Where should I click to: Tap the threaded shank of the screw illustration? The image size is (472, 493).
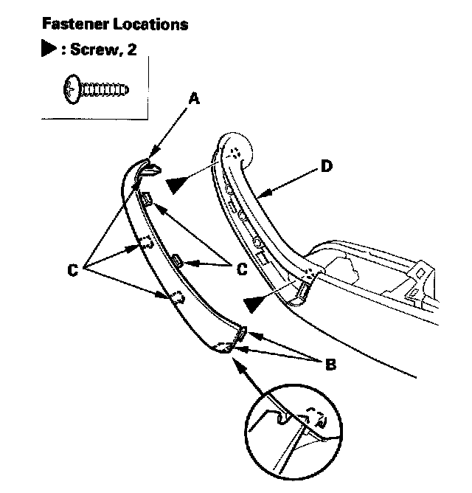pyautogui.click(x=105, y=90)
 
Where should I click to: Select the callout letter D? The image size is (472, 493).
pyautogui.click(x=327, y=166)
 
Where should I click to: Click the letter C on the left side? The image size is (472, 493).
pyautogui.click(x=72, y=270)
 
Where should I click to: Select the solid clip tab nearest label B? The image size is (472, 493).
pyautogui.click(x=241, y=335)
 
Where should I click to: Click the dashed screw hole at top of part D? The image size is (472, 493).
pyautogui.click(x=235, y=154)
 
